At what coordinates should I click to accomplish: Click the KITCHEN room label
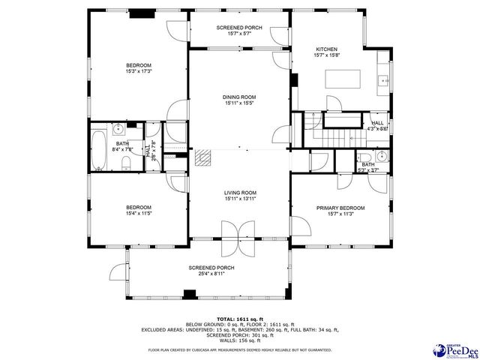326,48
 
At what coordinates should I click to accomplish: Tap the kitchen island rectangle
343,79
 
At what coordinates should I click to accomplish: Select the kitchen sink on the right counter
382,79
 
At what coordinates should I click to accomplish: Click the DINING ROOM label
239,96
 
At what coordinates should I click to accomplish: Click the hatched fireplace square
202,157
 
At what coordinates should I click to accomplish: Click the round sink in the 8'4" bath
118,127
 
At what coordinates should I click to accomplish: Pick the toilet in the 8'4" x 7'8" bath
127,163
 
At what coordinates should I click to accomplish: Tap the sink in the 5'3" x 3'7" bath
382,156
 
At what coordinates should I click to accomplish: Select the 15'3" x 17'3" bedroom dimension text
139,72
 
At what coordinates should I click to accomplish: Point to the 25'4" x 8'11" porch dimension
211,274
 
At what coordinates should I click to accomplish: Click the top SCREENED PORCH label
239,28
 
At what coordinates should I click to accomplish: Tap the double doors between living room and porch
239,238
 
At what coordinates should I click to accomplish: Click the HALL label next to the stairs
377,122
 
